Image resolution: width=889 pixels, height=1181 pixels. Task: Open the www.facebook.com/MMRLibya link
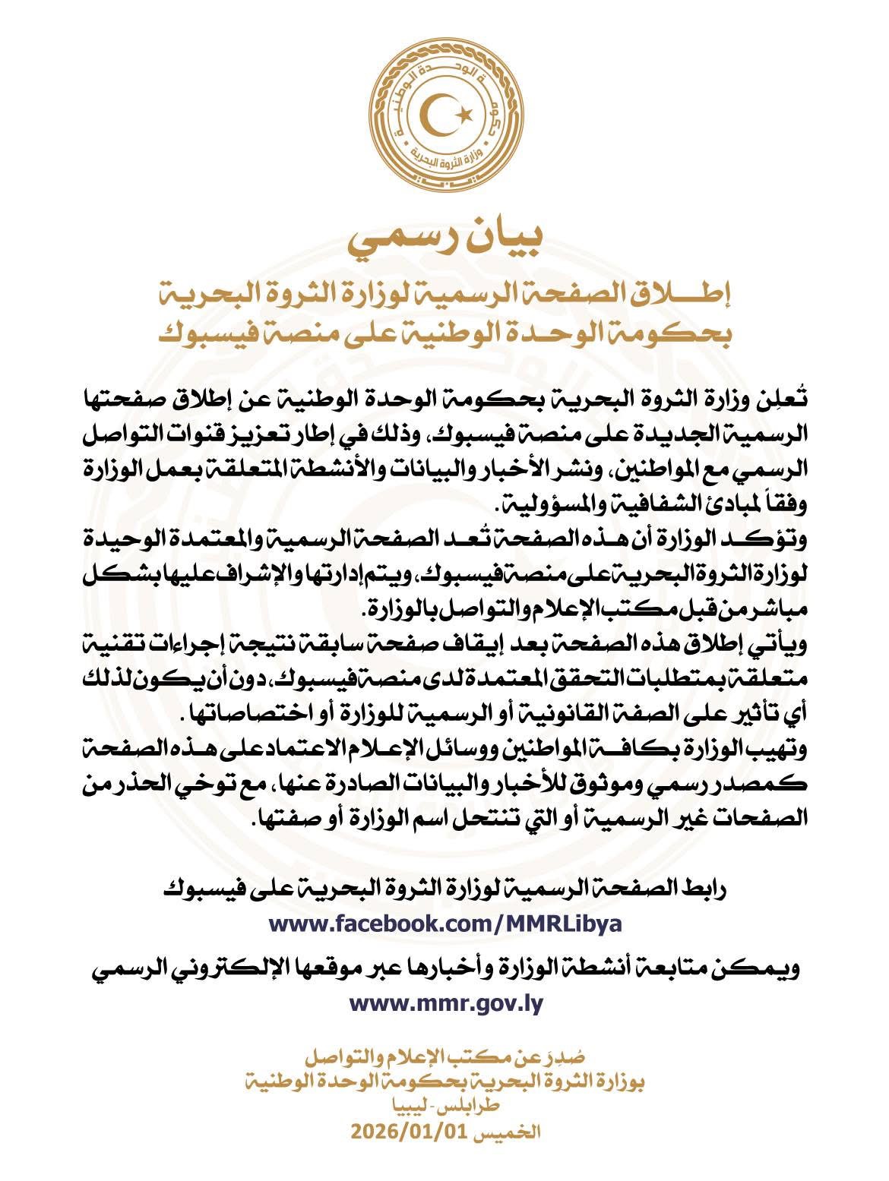[x=446, y=924]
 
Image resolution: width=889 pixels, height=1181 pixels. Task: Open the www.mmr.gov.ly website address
[x=446, y=1003]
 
